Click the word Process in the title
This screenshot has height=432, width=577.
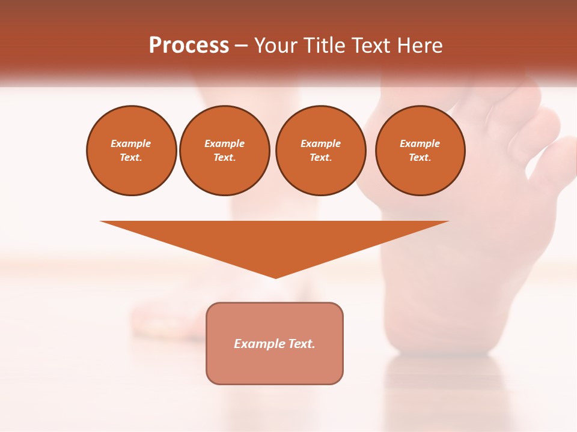pyautogui.click(x=189, y=46)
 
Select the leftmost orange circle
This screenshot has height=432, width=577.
pyautogui.click(x=132, y=151)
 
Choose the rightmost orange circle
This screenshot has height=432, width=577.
pyautogui.click(x=420, y=151)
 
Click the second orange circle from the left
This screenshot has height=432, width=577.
pyautogui.click(x=225, y=151)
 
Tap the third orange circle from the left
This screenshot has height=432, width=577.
pyautogui.click(x=321, y=151)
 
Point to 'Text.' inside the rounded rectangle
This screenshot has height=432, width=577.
pyautogui.click(x=301, y=344)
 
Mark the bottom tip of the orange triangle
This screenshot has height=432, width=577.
pyautogui.click(x=275, y=277)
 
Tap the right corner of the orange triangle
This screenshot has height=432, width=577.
pyautogui.click(x=447, y=222)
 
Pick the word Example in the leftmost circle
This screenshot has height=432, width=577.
pyautogui.click(x=131, y=143)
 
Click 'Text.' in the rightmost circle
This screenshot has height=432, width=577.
pyautogui.click(x=420, y=158)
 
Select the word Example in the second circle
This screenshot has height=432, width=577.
pyautogui.click(x=225, y=143)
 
